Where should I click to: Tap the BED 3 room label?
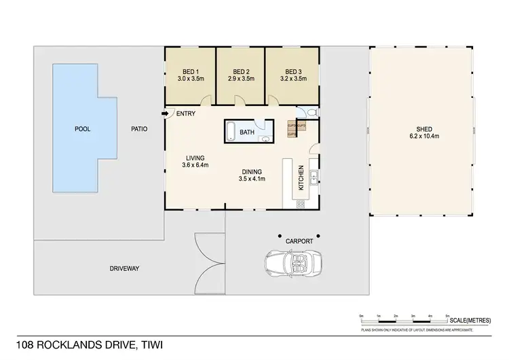click(292, 71)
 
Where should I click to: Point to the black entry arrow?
click(165, 113)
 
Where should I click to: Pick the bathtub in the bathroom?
click(231, 131)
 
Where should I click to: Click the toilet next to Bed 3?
click(309, 113)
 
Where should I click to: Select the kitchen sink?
click(314, 179)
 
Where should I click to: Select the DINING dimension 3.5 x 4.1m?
click(251, 179)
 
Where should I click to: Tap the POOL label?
click(83, 128)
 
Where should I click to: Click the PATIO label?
click(139, 128)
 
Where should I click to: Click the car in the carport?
click(293, 264)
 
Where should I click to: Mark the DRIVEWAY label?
click(124, 268)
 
